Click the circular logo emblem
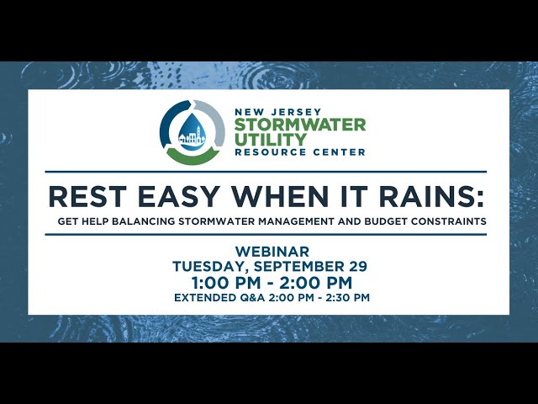point(193,132)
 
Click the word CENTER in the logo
point(343,152)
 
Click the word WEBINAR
point(272,252)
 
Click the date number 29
point(356,266)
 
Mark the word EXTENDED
point(204,298)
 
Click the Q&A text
point(253,298)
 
